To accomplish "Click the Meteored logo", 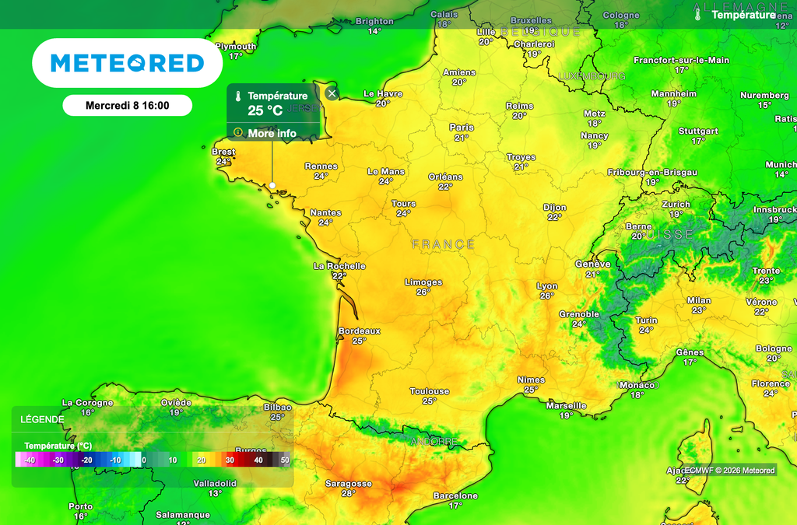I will click(x=127, y=63).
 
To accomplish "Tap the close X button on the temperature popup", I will click(x=332, y=94).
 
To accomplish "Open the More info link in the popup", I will click(x=272, y=133).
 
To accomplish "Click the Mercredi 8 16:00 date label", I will click(x=127, y=105).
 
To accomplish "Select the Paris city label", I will click(x=462, y=128).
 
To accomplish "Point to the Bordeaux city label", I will click(x=359, y=331).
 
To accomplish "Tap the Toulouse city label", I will click(x=430, y=391).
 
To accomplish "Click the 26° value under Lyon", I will click(x=546, y=296).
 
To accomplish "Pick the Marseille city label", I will click(x=567, y=406).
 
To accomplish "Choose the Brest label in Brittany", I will click(x=223, y=152).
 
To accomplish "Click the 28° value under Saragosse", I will click(x=348, y=493).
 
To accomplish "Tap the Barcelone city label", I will click(x=455, y=495).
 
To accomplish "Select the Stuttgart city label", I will click(x=698, y=131).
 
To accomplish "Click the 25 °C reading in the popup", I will click(x=265, y=110).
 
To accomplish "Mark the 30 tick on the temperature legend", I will click(x=230, y=460).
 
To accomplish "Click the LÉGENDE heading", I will click(x=43, y=418).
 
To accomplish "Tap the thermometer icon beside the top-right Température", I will click(x=698, y=14).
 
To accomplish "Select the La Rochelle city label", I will click(x=339, y=266).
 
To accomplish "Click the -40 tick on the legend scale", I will click(x=30, y=460).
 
